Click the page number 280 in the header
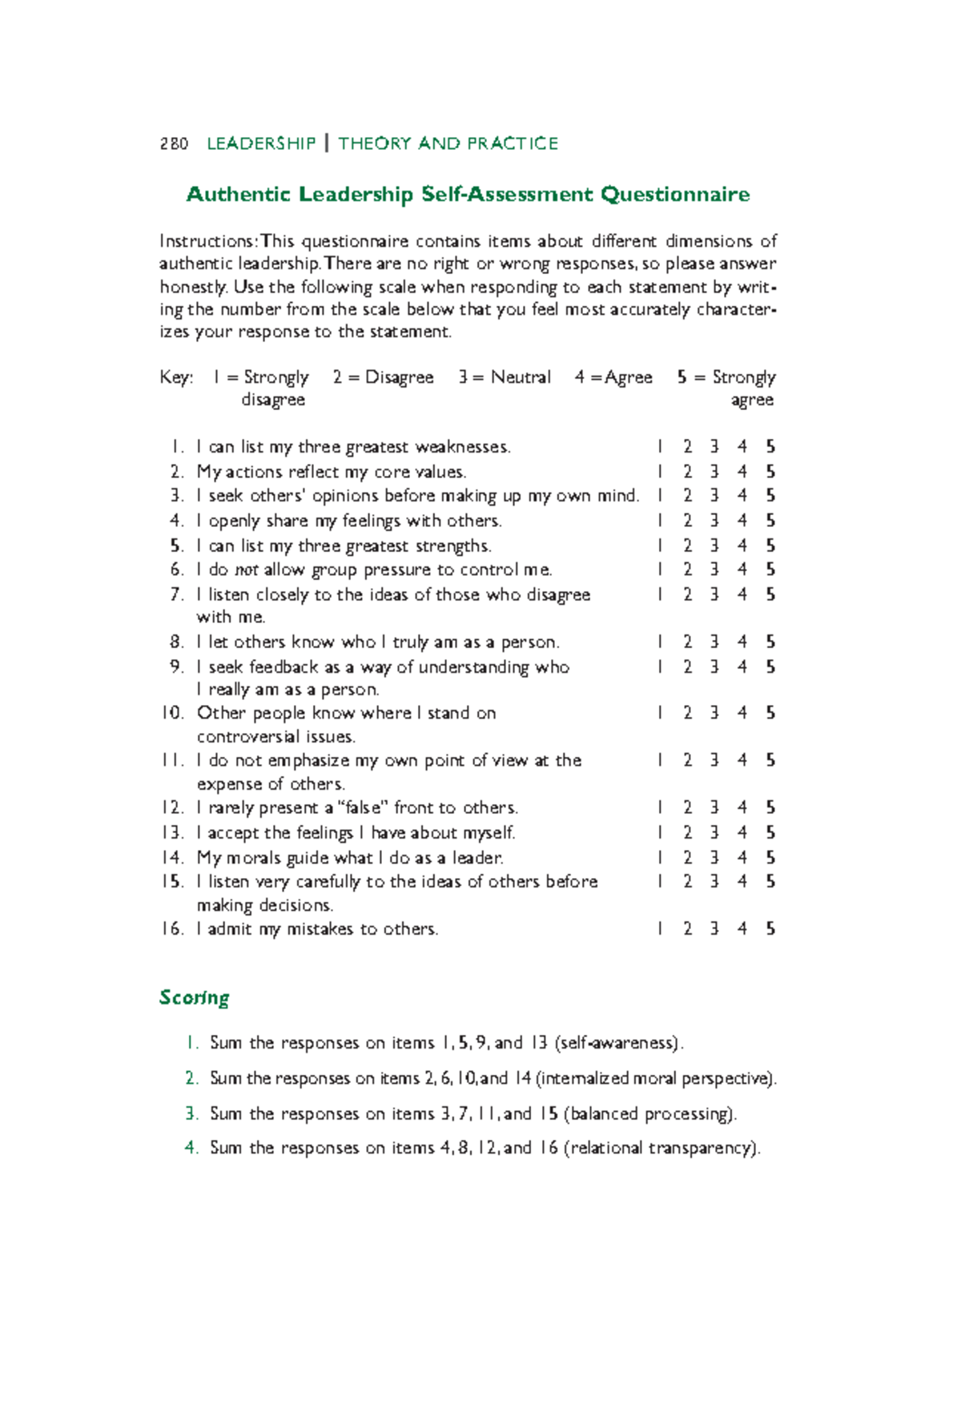click(x=174, y=143)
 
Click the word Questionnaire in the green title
click(x=675, y=195)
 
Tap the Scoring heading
click(x=194, y=997)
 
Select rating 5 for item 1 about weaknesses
click(x=770, y=447)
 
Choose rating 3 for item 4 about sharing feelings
click(x=714, y=521)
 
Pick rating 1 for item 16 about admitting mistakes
click(x=660, y=929)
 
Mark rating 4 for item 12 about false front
click(x=742, y=807)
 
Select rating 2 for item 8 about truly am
click(x=687, y=642)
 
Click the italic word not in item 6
click(x=246, y=570)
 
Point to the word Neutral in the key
click(x=521, y=377)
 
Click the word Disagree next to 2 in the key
click(x=399, y=377)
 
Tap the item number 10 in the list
click(x=172, y=713)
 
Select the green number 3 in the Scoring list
click(x=191, y=1113)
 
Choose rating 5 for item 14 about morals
click(x=770, y=858)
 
